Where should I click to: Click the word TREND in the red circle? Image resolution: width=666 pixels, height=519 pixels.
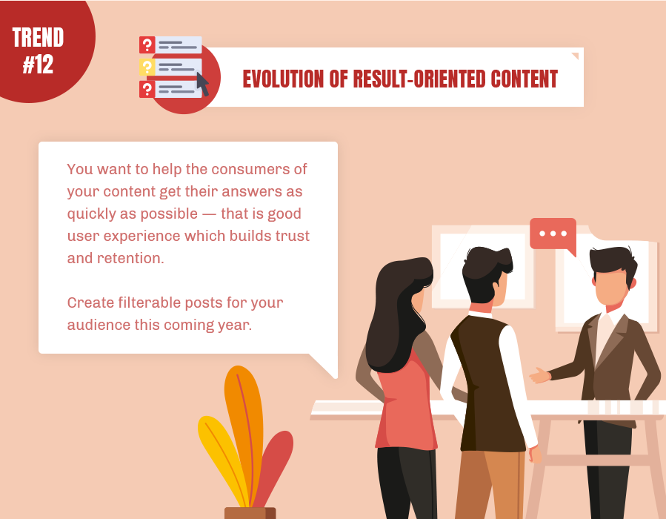click(38, 37)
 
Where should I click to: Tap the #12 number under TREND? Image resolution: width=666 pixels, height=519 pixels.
click(38, 65)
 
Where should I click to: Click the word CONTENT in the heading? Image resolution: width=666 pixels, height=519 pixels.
click(525, 79)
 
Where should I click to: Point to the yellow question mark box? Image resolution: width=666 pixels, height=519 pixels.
click(147, 67)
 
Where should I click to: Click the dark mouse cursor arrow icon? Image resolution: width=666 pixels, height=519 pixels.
click(202, 84)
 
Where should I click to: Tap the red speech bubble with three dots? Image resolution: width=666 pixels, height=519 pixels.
click(553, 236)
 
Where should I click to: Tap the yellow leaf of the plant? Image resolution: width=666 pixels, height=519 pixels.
click(222, 460)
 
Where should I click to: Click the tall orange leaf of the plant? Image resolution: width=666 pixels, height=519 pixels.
click(244, 429)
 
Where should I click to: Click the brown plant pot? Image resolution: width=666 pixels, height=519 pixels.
click(250, 513)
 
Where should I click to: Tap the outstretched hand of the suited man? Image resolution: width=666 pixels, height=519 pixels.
click(539, 375)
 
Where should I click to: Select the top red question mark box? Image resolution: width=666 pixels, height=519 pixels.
click(147, 44)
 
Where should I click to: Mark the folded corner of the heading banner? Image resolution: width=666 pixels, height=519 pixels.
click(575, 56)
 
